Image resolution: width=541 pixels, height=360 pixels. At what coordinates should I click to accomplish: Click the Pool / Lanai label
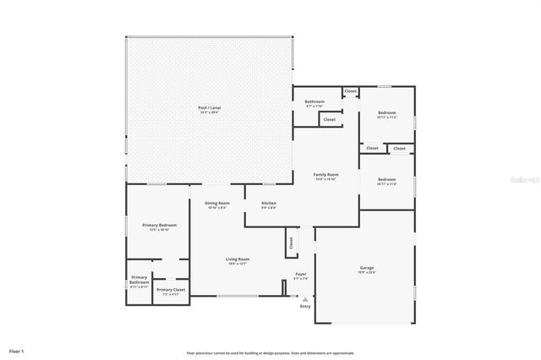[209, 108]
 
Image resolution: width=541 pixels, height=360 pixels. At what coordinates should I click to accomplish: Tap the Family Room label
[326, 175]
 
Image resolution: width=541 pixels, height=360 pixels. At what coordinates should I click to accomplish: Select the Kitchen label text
[269, 204]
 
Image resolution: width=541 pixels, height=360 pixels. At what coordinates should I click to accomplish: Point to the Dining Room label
[217, 204]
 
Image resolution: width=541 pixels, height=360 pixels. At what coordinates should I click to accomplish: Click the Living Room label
[237, 260]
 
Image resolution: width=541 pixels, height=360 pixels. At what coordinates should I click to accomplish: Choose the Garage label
[366, 269]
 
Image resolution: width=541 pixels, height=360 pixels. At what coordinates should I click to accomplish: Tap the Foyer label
[300, 275]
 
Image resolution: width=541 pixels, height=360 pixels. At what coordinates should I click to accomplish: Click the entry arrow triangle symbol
[305, 297]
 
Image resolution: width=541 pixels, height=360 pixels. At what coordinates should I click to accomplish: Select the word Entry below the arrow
[305, 306]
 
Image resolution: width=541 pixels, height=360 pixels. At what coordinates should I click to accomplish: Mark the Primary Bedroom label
[159, 226]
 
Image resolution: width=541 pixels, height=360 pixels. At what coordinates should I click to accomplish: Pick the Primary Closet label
[171, 291]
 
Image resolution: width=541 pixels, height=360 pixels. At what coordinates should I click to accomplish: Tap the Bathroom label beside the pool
[314, 102]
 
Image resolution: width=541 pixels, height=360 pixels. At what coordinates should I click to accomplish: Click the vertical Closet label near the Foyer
[291, 243]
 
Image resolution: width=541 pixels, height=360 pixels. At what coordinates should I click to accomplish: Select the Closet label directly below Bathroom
[329, 120]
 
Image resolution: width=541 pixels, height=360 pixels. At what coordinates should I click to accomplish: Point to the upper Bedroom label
[386, 113]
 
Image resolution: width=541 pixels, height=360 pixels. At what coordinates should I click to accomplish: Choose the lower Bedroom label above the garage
[386, 180]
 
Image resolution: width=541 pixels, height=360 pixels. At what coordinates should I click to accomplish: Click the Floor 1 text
[17, 350]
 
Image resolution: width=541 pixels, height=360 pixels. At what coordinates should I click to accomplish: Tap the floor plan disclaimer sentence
[270, 352]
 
